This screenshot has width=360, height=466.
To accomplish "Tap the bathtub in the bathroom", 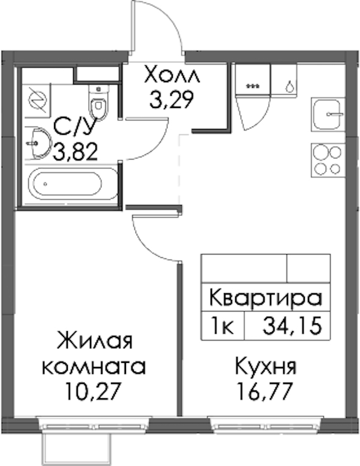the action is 72,184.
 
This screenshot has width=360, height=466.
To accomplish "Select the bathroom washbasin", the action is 38,143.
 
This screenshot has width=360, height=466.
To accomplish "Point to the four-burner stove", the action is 328,160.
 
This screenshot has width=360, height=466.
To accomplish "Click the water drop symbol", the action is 290,86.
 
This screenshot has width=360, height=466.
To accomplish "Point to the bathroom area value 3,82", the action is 75,152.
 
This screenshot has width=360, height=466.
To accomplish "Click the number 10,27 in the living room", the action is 94,392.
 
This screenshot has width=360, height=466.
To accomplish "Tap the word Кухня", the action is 266,368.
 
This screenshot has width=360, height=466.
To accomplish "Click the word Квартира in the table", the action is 266,298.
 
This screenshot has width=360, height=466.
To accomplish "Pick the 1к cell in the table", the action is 223,326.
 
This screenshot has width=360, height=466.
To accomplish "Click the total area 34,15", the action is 292,326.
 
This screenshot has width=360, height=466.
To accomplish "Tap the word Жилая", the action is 95,341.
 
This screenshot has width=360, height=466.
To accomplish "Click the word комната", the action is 94,366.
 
